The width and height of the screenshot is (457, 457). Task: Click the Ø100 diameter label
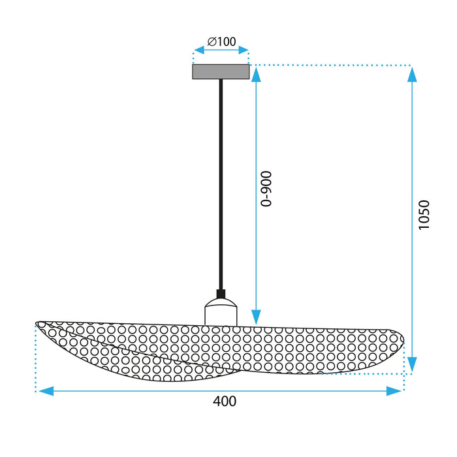221,42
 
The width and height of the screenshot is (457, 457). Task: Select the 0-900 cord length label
266,189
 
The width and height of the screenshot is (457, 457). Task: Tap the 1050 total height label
424,215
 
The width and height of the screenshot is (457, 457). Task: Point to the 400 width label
224,402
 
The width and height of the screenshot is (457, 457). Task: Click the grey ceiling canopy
221,71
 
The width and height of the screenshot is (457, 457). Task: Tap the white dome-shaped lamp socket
221,312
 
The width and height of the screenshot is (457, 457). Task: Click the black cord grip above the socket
221,294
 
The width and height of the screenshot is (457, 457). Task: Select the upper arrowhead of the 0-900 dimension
256,73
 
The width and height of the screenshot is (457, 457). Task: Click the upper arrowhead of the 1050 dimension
412,73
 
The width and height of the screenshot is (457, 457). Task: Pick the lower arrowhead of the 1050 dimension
412,365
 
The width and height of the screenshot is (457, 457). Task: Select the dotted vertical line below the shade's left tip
35,359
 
